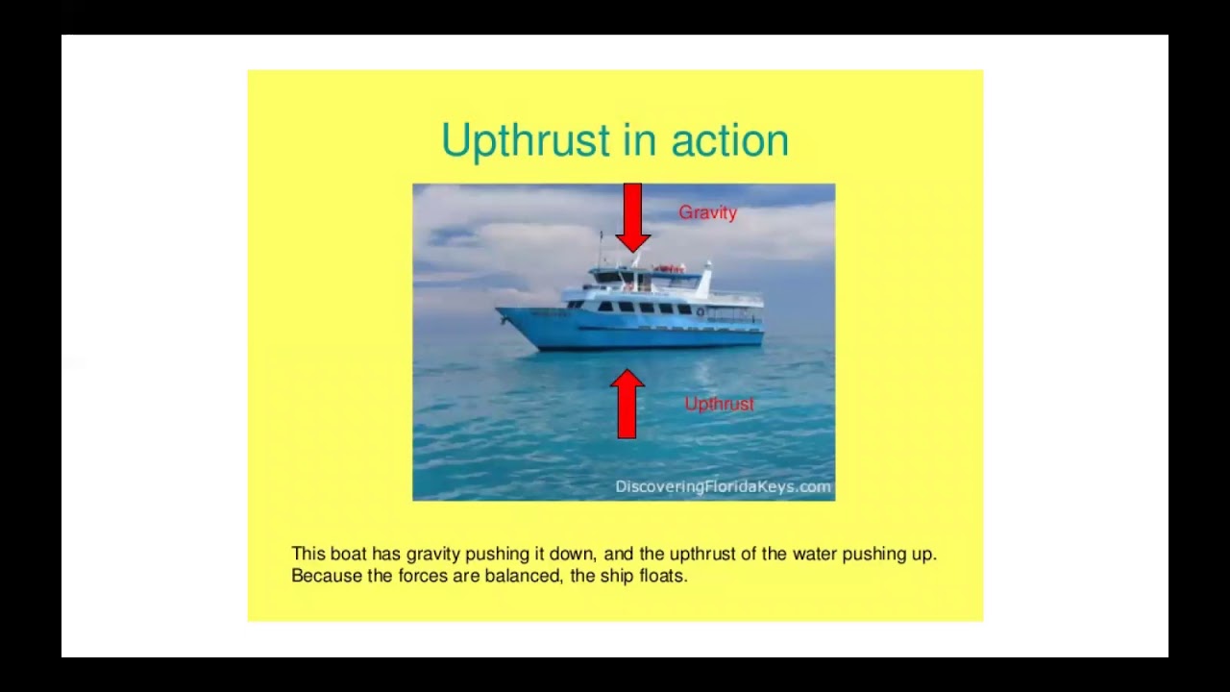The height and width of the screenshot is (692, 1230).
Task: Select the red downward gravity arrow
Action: [x=632, y=218]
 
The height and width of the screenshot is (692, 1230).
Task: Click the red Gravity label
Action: [x=707, y=212]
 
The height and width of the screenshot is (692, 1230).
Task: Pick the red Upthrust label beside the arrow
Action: [x=719, y=404]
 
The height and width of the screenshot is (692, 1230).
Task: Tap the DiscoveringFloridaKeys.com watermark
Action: [x=723, y=486]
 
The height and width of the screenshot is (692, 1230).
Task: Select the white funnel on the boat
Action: [x=705, y=280]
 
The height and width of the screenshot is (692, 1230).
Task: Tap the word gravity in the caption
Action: [x=433, y=554]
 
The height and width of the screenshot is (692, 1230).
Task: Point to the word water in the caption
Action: [x=814, y=554]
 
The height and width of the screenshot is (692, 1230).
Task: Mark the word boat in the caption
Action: [x=348, y=554]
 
